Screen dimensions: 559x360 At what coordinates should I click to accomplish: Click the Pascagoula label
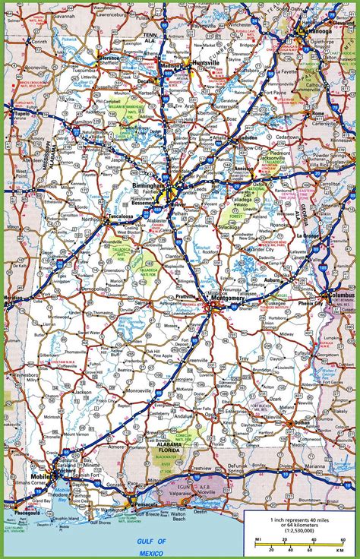click(21, 512)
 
